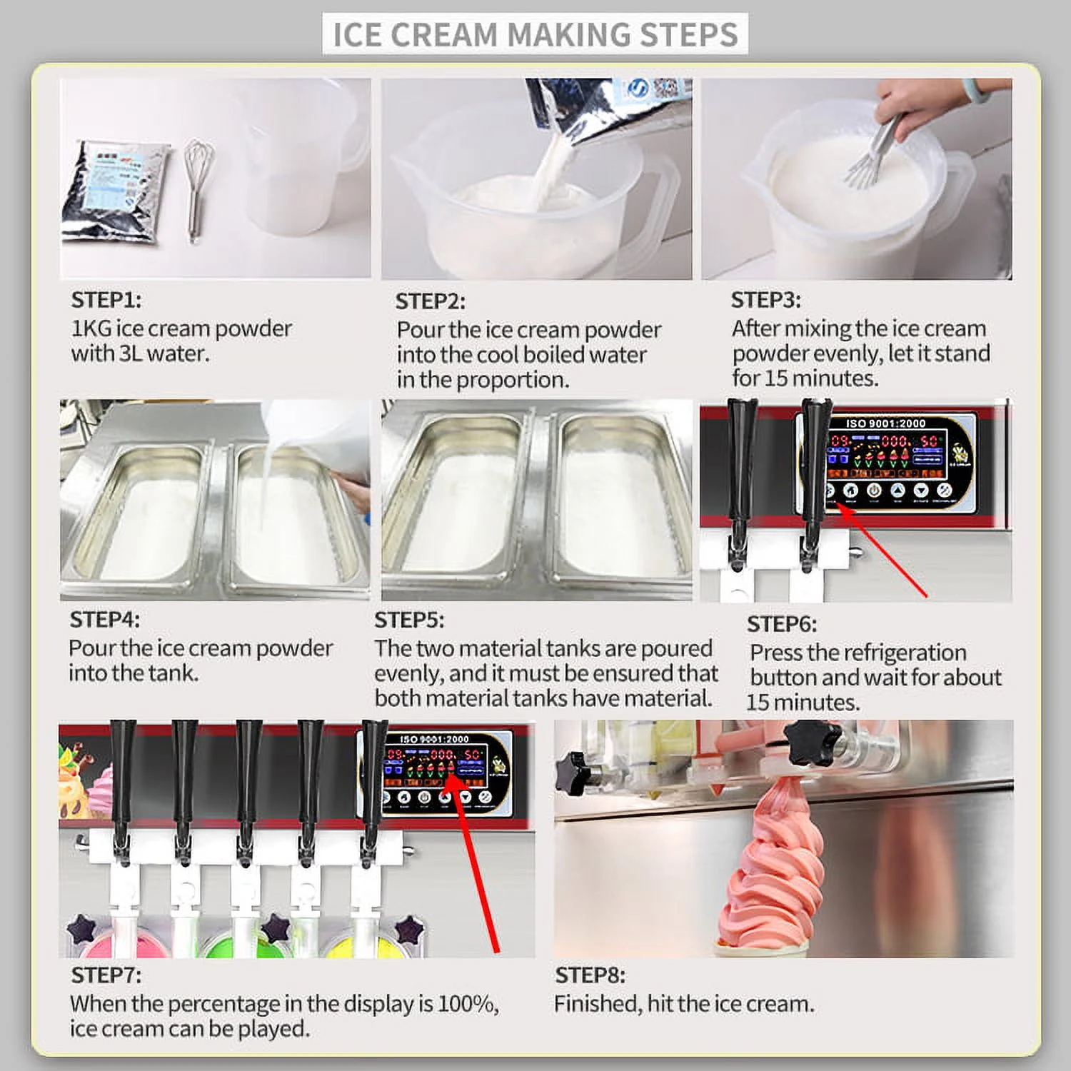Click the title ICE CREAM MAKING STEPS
pos(535,34)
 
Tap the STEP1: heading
pos(106,300)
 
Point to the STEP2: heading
pos(430,301)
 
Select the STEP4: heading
pos(104,619)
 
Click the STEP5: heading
pos(409,620)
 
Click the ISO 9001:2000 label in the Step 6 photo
pos(885,423)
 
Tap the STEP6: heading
pos(781,624)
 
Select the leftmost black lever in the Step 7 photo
pos(123,785)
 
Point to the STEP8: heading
pos(590,975)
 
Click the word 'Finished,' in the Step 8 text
pos(597,1004)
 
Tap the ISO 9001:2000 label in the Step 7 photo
pos(434,739)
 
